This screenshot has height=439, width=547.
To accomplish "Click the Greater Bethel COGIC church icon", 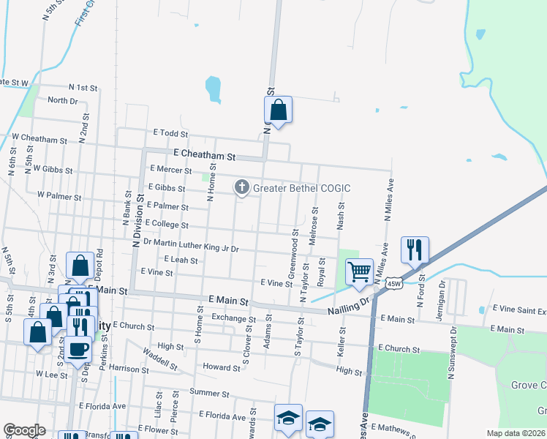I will [x=242, y=188].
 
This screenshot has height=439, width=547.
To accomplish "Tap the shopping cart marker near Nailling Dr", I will [x=359, y=271].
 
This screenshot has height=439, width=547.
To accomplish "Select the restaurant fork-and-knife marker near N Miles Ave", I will [x=415, y=249].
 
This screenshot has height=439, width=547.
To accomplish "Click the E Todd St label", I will [x=171, y=133].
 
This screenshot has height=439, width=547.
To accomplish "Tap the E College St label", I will [x=167, y=224].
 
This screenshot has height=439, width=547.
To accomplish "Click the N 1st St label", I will [x=83, y=88].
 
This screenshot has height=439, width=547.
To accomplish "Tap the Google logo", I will [x=24, y=430].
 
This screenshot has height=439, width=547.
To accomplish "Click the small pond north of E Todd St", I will [x=213, y=89].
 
